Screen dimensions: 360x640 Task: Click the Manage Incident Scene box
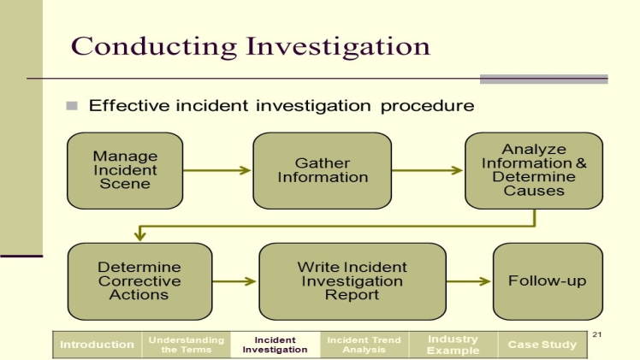(x=125, y=170)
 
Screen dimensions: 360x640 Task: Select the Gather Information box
(x=322, y=170)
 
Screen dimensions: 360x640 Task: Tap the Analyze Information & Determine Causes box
(x=534, y=170)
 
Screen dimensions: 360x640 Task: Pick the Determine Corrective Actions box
(x=139, y=280)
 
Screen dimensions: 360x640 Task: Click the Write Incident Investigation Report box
(x=352, y=280)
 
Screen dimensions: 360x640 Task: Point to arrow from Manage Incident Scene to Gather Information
(x=217, y=170)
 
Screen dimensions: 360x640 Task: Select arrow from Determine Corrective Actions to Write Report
(x=235, y=280)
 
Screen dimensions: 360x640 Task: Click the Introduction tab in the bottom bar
(x=97, y=345)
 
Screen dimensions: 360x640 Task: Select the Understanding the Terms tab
(x=187, y=345)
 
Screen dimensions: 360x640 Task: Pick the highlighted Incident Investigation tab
(x=275, y=345)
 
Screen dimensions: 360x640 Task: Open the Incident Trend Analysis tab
(x=364, y=345)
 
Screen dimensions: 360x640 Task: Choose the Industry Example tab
(x=453, y=345)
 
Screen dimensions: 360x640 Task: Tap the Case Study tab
(x=542, y=345)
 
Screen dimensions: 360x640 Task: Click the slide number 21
(x=597, y=333)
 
